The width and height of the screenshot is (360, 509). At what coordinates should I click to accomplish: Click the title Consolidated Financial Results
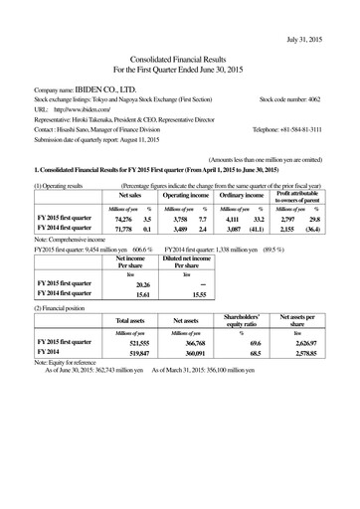180,61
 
